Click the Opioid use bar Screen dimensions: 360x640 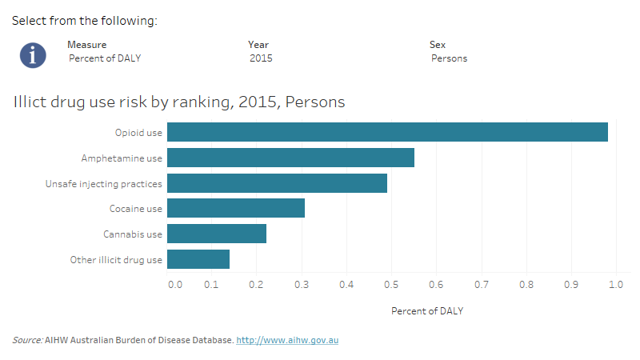387,132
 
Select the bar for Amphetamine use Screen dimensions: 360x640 290,158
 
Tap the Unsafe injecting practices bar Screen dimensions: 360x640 277,183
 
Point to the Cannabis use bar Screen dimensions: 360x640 217,234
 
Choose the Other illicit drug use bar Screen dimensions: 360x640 198,260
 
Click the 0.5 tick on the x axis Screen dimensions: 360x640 391,284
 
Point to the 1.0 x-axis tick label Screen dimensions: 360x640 615,284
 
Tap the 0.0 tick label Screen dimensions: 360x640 174,284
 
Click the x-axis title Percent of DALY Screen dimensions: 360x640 427,311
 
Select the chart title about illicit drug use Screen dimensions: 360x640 179,102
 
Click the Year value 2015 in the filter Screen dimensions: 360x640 261,58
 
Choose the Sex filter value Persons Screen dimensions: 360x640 449,58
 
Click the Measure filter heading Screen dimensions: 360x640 86,45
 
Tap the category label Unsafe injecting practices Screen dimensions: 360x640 104,184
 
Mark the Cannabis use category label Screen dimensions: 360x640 133,234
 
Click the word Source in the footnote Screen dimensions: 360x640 27,341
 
